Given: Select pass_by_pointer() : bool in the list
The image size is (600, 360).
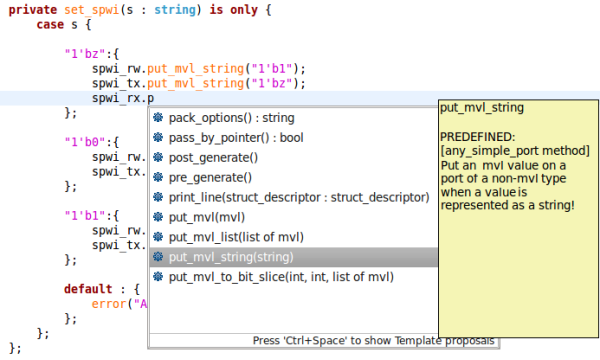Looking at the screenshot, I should (x=236, y=137).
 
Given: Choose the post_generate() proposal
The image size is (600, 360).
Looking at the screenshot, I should (x=212, y=157).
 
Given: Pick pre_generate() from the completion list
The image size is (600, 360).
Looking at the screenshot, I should (x=208, y=177).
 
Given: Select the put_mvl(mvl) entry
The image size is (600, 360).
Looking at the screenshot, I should (x=207, y=217).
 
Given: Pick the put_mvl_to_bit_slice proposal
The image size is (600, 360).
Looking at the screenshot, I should (x=280, y=277).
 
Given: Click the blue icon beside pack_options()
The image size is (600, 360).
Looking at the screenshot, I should (x=158, y=118).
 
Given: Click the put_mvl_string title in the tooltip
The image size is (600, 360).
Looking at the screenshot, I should (x=482, y=107).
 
